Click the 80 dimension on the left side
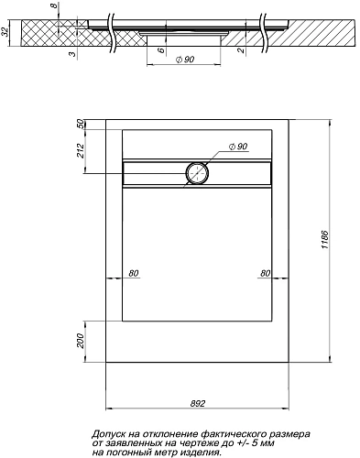pyautogui.click(x=134, y=273)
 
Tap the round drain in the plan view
pyautogui.click(x=198, y=171)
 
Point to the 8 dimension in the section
pyautogui.click(x=55, y=10)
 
